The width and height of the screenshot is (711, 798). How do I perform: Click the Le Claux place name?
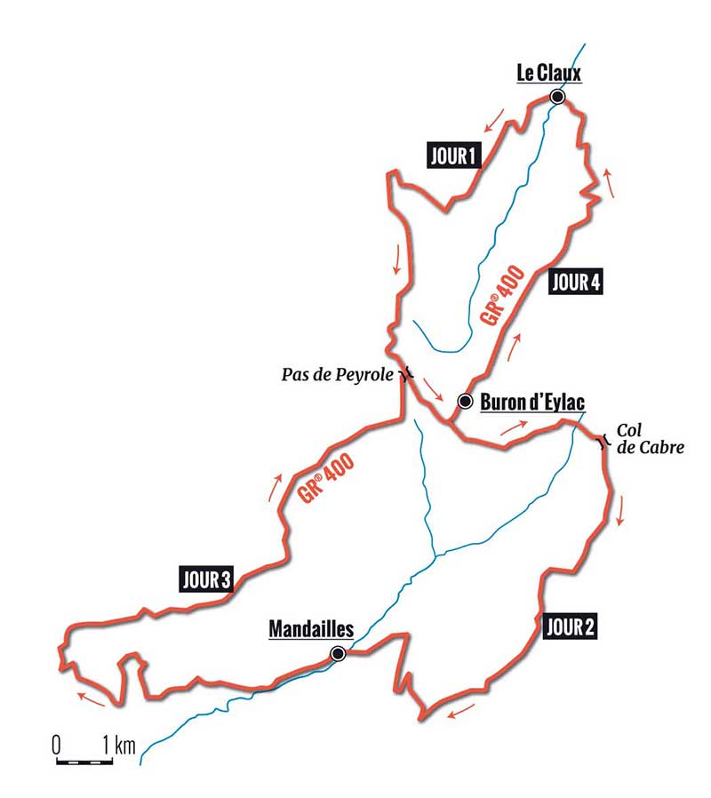point(549,75)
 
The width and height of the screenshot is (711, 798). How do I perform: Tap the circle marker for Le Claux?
point(557,97)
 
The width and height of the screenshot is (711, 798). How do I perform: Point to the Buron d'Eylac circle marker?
point(464,402)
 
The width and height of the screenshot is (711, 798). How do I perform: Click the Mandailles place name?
point(311,629)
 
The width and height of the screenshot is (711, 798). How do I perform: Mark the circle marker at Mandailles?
point(338,654)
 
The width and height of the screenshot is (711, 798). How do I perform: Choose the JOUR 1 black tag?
point(453,157)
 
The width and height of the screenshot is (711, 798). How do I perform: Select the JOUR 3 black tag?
point(205,581)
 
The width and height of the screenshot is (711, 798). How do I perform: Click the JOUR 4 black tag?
point(576,283)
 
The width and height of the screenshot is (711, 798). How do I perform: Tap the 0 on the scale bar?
point(56,744)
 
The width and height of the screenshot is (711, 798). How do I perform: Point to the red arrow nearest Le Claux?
point(500,116)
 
